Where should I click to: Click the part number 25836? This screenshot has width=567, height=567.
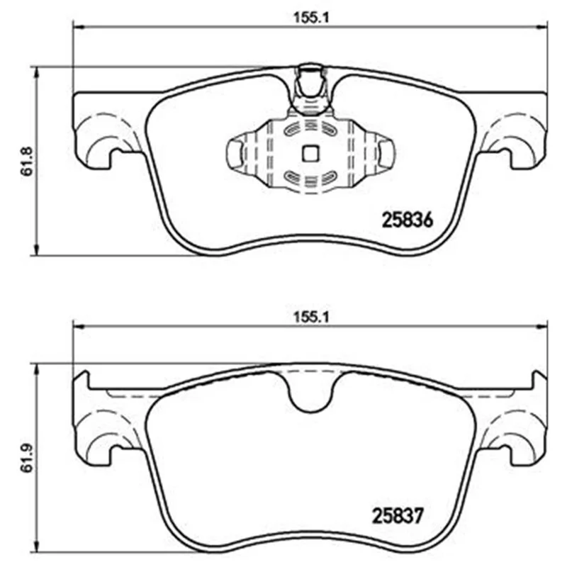point(407,220)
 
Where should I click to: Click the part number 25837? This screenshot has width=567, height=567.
point(398,516)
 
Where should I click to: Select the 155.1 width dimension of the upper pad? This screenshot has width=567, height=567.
point(311,18)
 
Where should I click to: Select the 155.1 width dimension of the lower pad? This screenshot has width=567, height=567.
point(311,318)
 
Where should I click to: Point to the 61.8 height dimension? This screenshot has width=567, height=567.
point(27,162)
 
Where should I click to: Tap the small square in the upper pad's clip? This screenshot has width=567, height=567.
point(310,153)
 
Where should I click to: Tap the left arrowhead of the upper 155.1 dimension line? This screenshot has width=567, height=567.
point(78,26)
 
